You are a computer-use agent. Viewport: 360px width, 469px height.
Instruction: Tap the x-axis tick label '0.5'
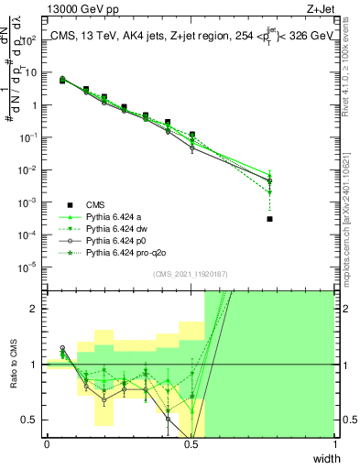point(191,443)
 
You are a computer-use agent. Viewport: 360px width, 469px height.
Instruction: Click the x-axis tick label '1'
point(334,443)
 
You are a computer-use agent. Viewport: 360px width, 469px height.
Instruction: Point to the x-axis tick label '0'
point(47,443)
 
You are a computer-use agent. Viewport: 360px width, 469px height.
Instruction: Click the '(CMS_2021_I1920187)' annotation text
point(190,274)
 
